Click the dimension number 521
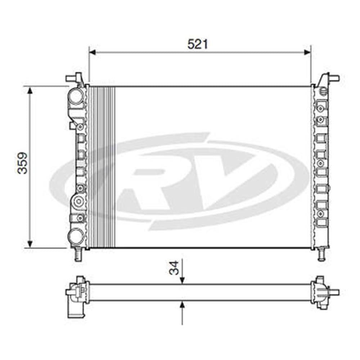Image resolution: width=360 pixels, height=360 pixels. click(198, 44)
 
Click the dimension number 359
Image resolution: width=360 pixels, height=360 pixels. click(23, 163)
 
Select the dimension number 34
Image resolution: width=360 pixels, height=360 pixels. click(174, 268)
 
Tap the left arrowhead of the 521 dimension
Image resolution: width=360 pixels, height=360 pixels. click(92, 53)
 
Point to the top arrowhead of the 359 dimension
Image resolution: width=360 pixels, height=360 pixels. click(30, 90)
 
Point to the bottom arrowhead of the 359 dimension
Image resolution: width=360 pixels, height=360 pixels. click(30, 244)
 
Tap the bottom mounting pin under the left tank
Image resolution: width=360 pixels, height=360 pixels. click(77, 255)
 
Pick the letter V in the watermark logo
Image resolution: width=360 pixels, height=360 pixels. click(230, 180)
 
